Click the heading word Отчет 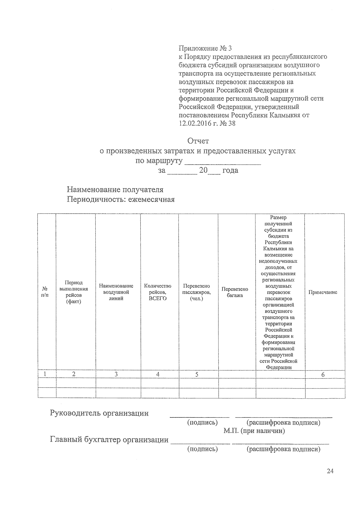coord(198,141)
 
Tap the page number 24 coord(330,472)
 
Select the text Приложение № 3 coord(205,48)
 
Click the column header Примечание coord(323,292)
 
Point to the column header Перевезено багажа coord(235,292)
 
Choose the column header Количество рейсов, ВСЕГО coord(158,292)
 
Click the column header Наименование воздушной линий coord(116,292)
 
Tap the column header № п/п coord(45,292)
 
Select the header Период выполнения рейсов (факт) coord(74,292)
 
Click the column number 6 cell coord(323,374)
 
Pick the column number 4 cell coord(158,374)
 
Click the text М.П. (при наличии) coord(254,431)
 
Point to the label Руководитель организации coord(99,413)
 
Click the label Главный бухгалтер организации coord(109,440)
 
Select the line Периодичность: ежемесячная coord(121,199)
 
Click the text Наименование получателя coord(115,190)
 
